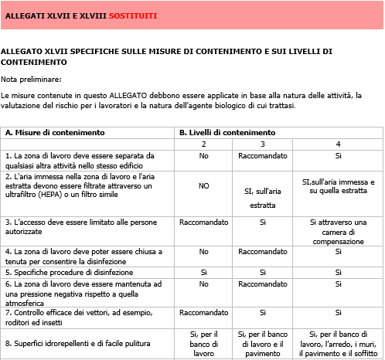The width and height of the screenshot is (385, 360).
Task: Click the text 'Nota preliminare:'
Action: click(32, 79)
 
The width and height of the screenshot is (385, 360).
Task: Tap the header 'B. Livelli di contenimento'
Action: click(227, 132)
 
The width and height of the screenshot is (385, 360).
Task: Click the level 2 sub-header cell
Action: click(203, 144)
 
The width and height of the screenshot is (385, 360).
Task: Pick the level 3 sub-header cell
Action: click(263, 144)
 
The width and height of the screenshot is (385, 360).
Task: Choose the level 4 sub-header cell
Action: click(338, 144)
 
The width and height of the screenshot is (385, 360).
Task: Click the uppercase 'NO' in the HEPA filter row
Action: click(203, 185)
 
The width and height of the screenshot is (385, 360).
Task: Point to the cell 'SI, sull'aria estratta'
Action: click(263, 198)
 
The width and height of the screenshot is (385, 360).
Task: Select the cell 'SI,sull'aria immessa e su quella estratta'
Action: click(338, 186)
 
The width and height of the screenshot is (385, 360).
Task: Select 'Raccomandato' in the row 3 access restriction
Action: click(203, 221)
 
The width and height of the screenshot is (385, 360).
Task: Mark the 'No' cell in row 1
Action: click(203, 155)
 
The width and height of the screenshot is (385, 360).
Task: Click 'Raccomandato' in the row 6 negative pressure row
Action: click(263, 284)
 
